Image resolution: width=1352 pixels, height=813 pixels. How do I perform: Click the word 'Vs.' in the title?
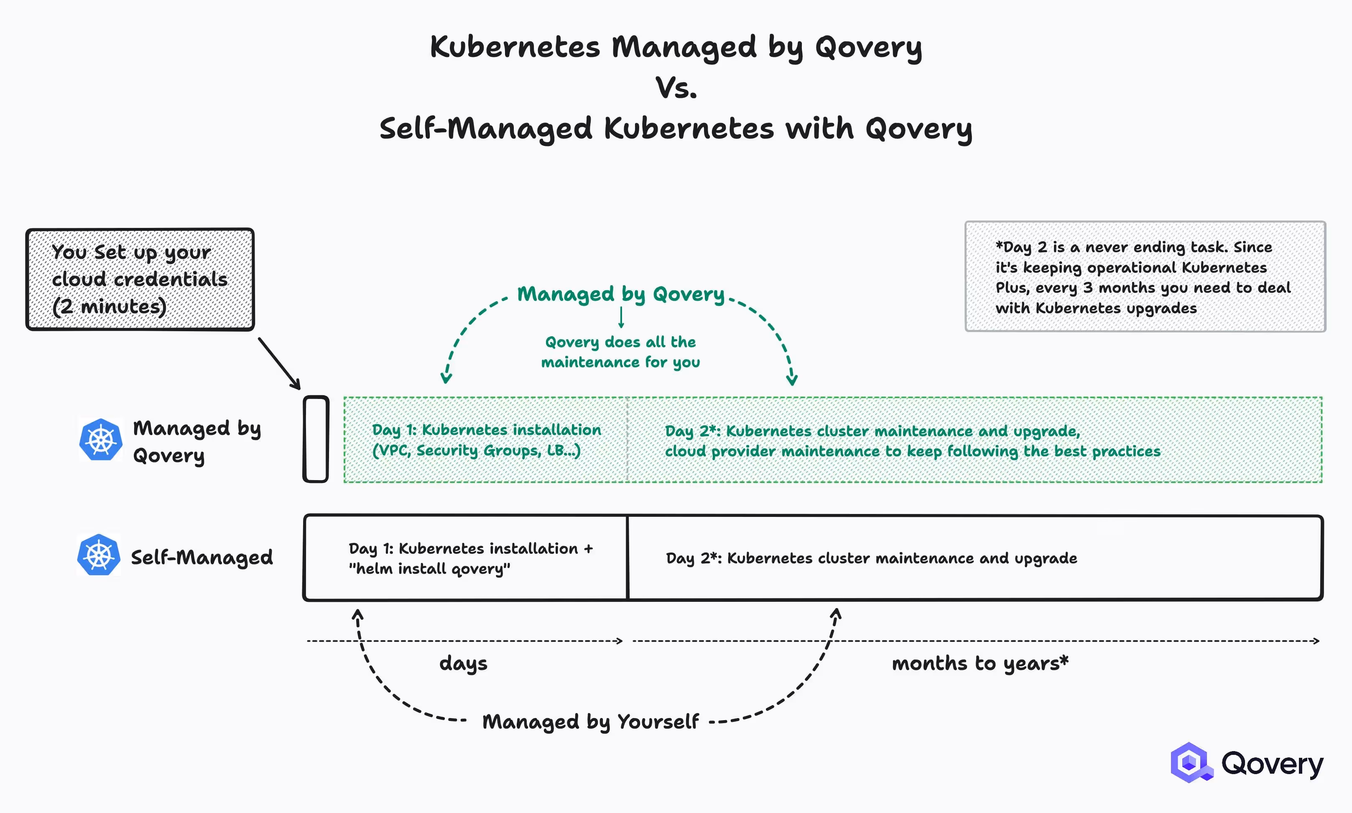[676, 88]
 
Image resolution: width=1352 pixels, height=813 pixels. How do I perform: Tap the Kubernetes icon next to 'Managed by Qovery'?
[101, 440]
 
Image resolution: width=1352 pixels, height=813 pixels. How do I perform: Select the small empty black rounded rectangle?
[316, 439]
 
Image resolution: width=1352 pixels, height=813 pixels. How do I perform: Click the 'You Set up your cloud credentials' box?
[140, 279]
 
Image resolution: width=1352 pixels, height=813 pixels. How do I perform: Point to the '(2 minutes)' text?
[109, 306]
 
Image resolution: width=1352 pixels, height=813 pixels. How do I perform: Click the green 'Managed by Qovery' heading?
[620, 294]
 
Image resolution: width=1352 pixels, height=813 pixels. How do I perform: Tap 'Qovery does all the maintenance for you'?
[620, 352]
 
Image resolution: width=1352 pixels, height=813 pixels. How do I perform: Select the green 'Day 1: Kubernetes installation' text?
[486, 430]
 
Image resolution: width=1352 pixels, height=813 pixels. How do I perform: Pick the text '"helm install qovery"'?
[429, 569]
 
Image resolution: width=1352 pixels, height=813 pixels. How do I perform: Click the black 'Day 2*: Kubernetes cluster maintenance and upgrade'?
[871, 558]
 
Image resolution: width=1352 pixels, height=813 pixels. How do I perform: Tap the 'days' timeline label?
[463, 663]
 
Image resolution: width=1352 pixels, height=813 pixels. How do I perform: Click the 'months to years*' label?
[980, 663]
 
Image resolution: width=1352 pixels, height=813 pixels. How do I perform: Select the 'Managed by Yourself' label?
[590, 721]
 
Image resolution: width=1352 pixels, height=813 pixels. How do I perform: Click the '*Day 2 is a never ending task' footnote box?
[1145, 277]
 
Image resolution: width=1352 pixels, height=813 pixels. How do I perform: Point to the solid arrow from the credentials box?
[279, 363]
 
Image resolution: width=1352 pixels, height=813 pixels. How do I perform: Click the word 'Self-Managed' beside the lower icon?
[202, 557]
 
